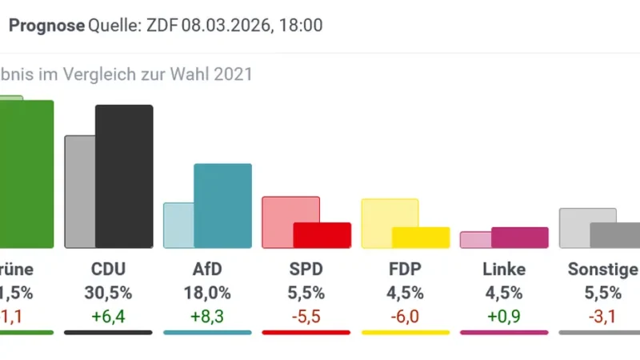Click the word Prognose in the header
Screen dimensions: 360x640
click(x=46, y=26)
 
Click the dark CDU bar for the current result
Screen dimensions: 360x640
click(x=124, y=176)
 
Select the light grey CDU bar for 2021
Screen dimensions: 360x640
click(x=79, y=192)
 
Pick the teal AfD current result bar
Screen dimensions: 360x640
click(x=223, y=206)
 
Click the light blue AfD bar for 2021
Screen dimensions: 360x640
click(x=178, y=225)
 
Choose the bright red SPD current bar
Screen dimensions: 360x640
click(x=322, y=235)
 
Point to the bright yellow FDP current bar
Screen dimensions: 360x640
click(x=421, y=238)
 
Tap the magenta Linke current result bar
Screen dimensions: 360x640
click(x=520, y=238)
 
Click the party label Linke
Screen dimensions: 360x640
click(x=504, y=269)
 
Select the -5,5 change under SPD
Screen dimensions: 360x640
click(x=306, y=316)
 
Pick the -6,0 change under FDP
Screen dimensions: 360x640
click(x=405, y=316)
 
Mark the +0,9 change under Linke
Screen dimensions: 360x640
click(x=504, y=316)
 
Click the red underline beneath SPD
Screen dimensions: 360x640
click(x=306, y=332)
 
